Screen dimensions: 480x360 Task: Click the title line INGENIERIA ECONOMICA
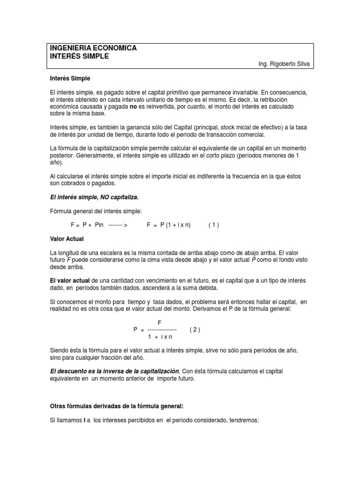click(93, 48)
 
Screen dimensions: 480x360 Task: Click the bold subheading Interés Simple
click(70, 78)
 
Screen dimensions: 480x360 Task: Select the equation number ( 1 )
click(214, 225)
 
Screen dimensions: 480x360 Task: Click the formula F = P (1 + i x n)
click(169, 225)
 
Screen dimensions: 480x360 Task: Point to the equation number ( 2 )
click(195, 330)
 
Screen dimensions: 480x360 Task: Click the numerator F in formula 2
click(159, 322)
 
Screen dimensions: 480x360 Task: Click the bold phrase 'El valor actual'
click(71, 280)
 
